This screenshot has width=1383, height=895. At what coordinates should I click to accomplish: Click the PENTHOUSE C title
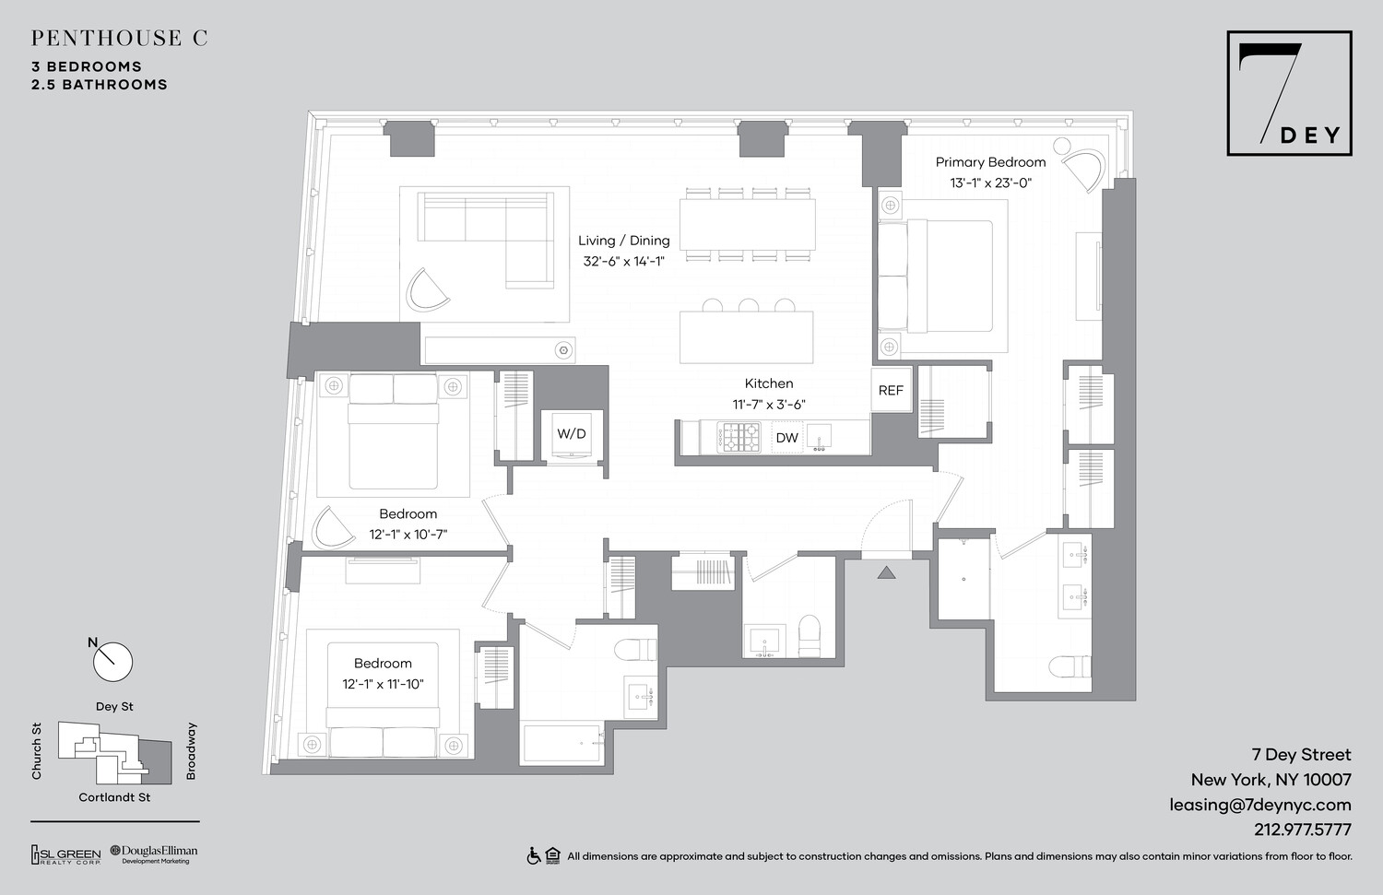pyautogui.click(x=119, y=38)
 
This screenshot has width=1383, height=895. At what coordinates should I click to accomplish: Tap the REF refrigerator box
pyautogui.click(x=891, y=390)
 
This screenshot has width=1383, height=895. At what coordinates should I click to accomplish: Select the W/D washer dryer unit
pyautogui.click(x=572, y=434)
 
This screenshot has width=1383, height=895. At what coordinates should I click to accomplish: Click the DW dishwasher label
pyautogui.click(x=786, y=438)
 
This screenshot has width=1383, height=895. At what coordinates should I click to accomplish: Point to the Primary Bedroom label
pyautogui.click(x=990, y=162)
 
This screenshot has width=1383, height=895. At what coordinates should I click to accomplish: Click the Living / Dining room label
pyautogui.click(x=624, y=241)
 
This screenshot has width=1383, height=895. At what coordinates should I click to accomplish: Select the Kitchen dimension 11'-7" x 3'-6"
pyautogui.click(x=769, y=404)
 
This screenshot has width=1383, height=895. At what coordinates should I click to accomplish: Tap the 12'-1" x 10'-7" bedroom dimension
pyautogui.click(x=408, y=535)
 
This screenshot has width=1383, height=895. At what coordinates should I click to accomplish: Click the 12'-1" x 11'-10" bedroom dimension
pyautogui.click(x=383, y=684)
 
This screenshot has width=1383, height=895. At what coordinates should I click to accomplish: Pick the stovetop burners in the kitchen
pyautogui.click(x=739, y=438)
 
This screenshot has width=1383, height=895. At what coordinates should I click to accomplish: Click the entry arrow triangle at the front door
pyautogui.click(x=886, y=573)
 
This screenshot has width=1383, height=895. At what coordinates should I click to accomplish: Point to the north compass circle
pyautogui.click(x=113, y=662)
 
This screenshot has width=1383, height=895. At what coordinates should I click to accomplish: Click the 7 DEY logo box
pyautogui.click(x=1289, y=93)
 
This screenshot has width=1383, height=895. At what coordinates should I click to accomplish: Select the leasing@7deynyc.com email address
pyautogui.click(x=1259, y=805)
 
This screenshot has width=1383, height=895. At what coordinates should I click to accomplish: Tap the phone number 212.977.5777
pyautogui.click(x=1302, y=830)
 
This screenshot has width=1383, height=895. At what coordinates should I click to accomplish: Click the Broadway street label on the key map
pyautogui.click(x=192, y=751)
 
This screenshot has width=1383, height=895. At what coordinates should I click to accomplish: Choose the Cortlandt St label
pyautogui.click(x=114, y=797)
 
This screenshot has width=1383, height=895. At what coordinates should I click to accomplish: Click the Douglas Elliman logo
pyautogui.click(x=154, y=854)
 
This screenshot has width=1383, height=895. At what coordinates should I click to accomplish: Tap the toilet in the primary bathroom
pyautogui.click(x=1070, y=666)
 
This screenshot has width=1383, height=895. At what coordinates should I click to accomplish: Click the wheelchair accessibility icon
pyautogui.click(x=533, y=856)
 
